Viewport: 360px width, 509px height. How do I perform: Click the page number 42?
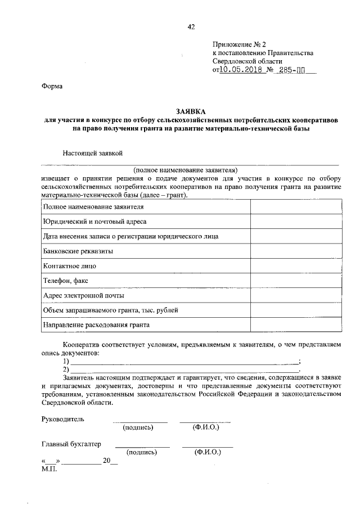191,25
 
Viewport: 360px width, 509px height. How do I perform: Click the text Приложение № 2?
238,44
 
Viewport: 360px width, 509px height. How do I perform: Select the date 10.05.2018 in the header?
241,71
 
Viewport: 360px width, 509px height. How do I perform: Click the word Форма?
52,87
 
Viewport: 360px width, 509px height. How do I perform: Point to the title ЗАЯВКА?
191,112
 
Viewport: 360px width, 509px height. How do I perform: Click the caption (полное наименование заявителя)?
186,169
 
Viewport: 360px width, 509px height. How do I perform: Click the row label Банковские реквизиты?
78,251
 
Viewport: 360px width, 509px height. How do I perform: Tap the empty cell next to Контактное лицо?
295,266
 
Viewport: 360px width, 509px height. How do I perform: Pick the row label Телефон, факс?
65,281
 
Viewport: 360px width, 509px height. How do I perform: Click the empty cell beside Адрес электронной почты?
295,295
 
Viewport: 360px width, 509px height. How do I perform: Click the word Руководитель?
62,419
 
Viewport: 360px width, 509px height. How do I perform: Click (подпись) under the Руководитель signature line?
138,427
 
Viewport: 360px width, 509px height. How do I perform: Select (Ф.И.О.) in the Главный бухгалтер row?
208,452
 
